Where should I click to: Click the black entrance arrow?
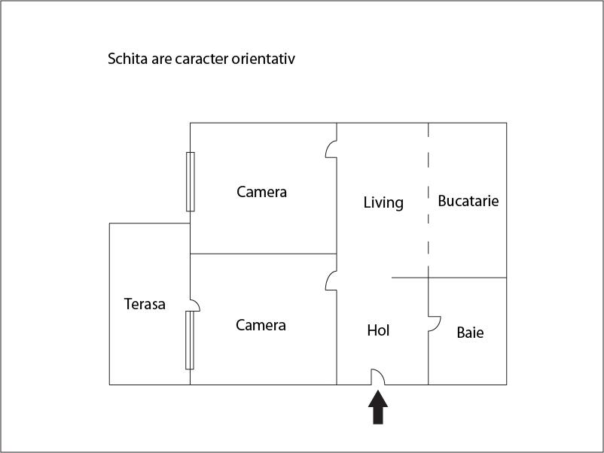click(378, 408)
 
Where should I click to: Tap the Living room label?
click(383, 203)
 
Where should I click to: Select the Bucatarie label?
click(468, 201)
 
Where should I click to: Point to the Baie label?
click(470, 333)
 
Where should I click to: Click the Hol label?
click(378, 330)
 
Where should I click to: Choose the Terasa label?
click(145, 304)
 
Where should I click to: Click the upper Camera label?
click(261, 192)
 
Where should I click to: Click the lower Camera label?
click(261, 325)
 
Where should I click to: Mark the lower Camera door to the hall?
click(328, 280)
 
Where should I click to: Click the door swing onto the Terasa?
click(197, 303)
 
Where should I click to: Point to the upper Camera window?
click(191, 181)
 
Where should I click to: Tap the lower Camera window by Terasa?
click(190, 340)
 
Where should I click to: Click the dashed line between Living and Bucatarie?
click(429, 200)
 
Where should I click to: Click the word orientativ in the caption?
click(264, 59)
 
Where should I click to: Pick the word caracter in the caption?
click(202, 59)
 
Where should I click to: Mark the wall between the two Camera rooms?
click(264, 254)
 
